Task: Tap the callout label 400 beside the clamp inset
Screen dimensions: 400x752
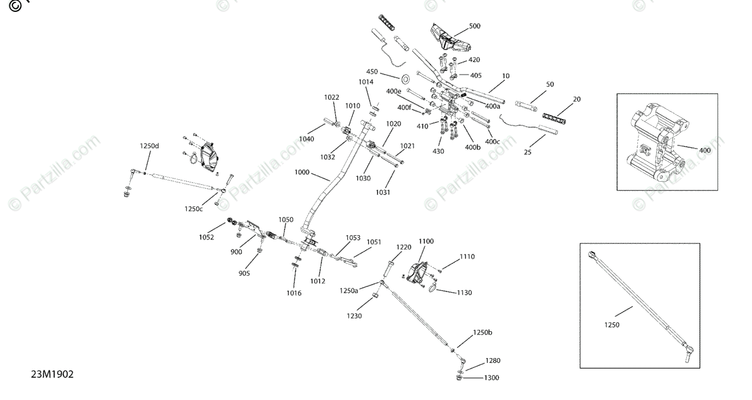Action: [x=704, y=150]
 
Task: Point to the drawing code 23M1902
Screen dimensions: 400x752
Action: [x=53, y=374]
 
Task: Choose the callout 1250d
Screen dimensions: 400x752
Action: [x=149, y=146]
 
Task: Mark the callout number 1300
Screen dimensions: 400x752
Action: [x=492, y=378]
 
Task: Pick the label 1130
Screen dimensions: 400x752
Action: [x=464, y=293]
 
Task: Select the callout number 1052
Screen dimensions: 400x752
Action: [x=206, y=237]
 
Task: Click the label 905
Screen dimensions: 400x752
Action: [x=244, y=273]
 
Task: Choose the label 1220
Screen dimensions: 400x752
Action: [x=402, y=247]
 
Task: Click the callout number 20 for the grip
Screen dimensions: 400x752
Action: [x=577, y=99]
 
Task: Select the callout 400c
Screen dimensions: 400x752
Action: [x=493, y=142]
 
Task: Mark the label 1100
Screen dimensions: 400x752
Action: [x=426, y=241]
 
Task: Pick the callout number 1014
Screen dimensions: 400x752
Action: [x=366, y=82]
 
